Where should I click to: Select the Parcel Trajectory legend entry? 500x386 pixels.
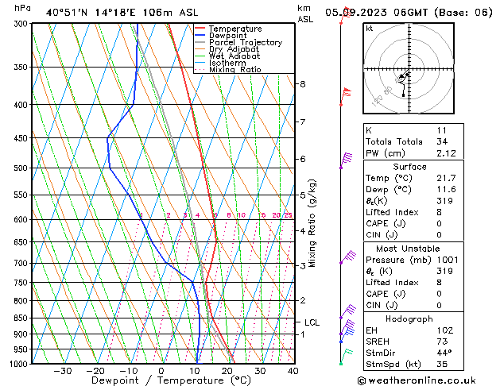(245, 43)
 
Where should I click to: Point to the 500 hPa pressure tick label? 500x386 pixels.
(20, 168)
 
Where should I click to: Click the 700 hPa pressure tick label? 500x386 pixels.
(20, 263)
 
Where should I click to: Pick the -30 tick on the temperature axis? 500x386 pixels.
(62, 371)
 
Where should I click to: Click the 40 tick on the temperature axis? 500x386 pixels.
(293, 371)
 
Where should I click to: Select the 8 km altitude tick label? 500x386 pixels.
(302, 84)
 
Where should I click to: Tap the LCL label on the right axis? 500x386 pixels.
(312, 322)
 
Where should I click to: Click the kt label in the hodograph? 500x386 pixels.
(370, 29)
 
